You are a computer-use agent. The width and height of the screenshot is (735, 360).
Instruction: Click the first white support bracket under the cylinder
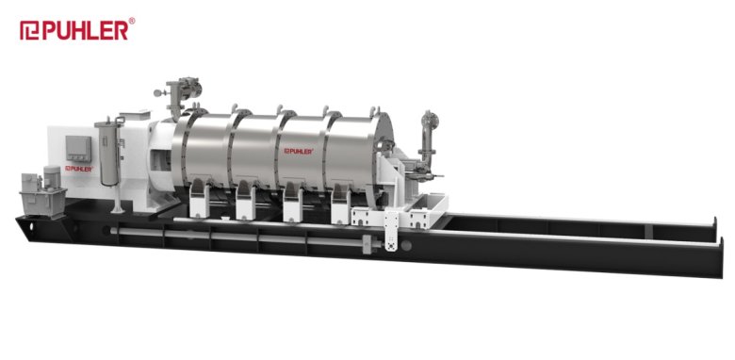[199, 201]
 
